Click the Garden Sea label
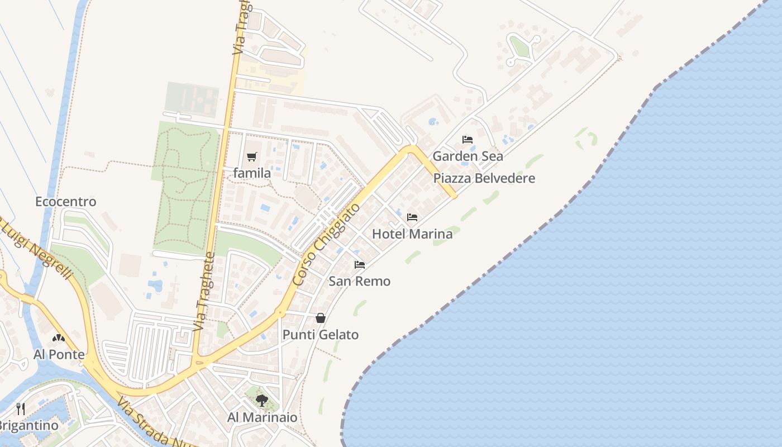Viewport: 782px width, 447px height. pos(468,156)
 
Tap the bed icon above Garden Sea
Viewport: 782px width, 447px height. pos(468,140)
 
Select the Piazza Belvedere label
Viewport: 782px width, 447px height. pos(484,179)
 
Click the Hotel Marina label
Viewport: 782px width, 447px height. pos(412,234)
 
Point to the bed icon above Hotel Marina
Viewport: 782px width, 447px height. pos(412,217)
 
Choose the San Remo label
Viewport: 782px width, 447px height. pos(359,281)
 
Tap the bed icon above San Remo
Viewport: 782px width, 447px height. pos(360,265)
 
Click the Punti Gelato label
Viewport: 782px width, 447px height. pos(320,335)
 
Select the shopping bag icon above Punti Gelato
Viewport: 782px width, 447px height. pos(321,318)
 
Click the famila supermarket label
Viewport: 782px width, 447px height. pos(252,173)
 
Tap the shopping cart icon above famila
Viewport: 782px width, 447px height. pos(252,157)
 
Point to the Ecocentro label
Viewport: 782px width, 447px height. pos(65,202)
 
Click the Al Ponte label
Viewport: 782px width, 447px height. pos(59,355)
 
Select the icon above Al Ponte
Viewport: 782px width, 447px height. pos(59,338)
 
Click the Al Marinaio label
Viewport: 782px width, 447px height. pos(262,417)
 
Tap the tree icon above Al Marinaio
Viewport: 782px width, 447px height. pos(261,400)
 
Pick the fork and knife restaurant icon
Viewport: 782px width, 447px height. pos(21,408)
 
